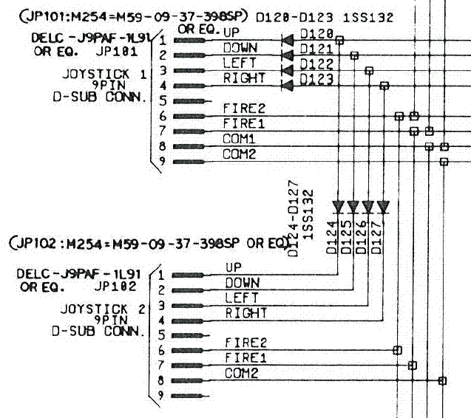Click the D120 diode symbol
click(288, 40)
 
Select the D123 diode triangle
click(288, 86)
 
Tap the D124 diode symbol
click(338, 208)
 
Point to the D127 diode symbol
click(383, 208)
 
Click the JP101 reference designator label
click(117, 51)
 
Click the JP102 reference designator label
click(115, 287)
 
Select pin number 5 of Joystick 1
click(163, 101)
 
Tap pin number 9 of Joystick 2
click(161, 396)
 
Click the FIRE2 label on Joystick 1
click(244, 109)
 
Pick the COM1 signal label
click(239, 139)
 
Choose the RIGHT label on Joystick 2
click(246, 313)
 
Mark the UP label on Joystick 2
click(234, 267)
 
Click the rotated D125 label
click(346, 237)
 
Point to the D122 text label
click(316, 64)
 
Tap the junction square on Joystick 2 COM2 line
click(442, 381)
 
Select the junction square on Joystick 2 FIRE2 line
click(397, 350)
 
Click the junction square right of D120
click(339, 40)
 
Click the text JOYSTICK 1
click(104, 74)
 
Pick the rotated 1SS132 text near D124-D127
click(308, 214)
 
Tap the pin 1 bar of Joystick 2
click(188, 275)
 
